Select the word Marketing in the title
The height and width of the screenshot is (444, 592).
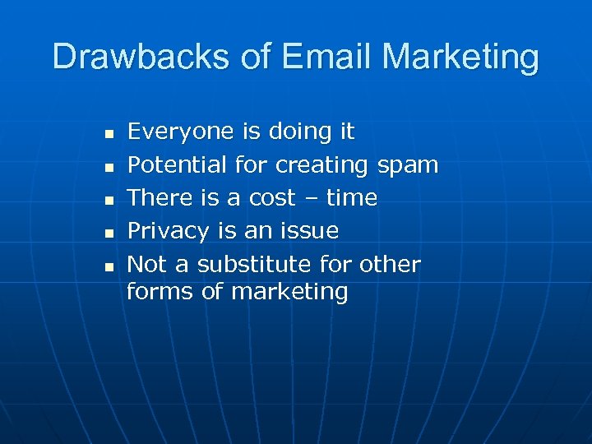pos(461,57)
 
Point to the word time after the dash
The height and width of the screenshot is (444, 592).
pos(351,198)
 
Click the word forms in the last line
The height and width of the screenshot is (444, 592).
pos(160,291)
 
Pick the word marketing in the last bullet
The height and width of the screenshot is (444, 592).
pos(289,293)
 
